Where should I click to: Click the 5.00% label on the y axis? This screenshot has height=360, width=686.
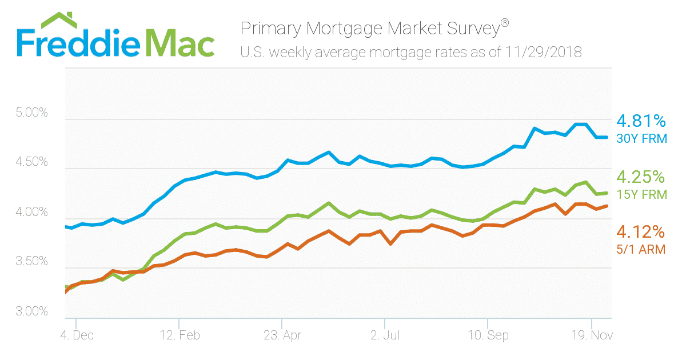(x=31, y=113)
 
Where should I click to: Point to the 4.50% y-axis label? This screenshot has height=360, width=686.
(x=31, y=162)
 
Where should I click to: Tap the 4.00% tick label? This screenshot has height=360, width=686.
(x=31, y=213)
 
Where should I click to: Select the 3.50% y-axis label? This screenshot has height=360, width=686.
(x=31, y=262)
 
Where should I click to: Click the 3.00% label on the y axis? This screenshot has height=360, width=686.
(x=31, y=312)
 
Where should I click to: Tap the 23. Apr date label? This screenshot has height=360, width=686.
(x=282, y=335)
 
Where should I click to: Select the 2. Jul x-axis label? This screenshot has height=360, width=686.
(x=385, y=335)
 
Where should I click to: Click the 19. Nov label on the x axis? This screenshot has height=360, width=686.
(x=591, y=335)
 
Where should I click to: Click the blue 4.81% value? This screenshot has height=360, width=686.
(x=641, y=121)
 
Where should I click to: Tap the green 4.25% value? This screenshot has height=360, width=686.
(x=641, y=177)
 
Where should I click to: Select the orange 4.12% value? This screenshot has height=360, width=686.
(x=641, y=232)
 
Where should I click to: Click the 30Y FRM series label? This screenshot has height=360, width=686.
(x=641, y=138)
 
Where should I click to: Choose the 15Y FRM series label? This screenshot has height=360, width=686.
(x=641, y=194)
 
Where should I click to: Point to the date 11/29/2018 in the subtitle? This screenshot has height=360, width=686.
(x=544, y=53)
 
